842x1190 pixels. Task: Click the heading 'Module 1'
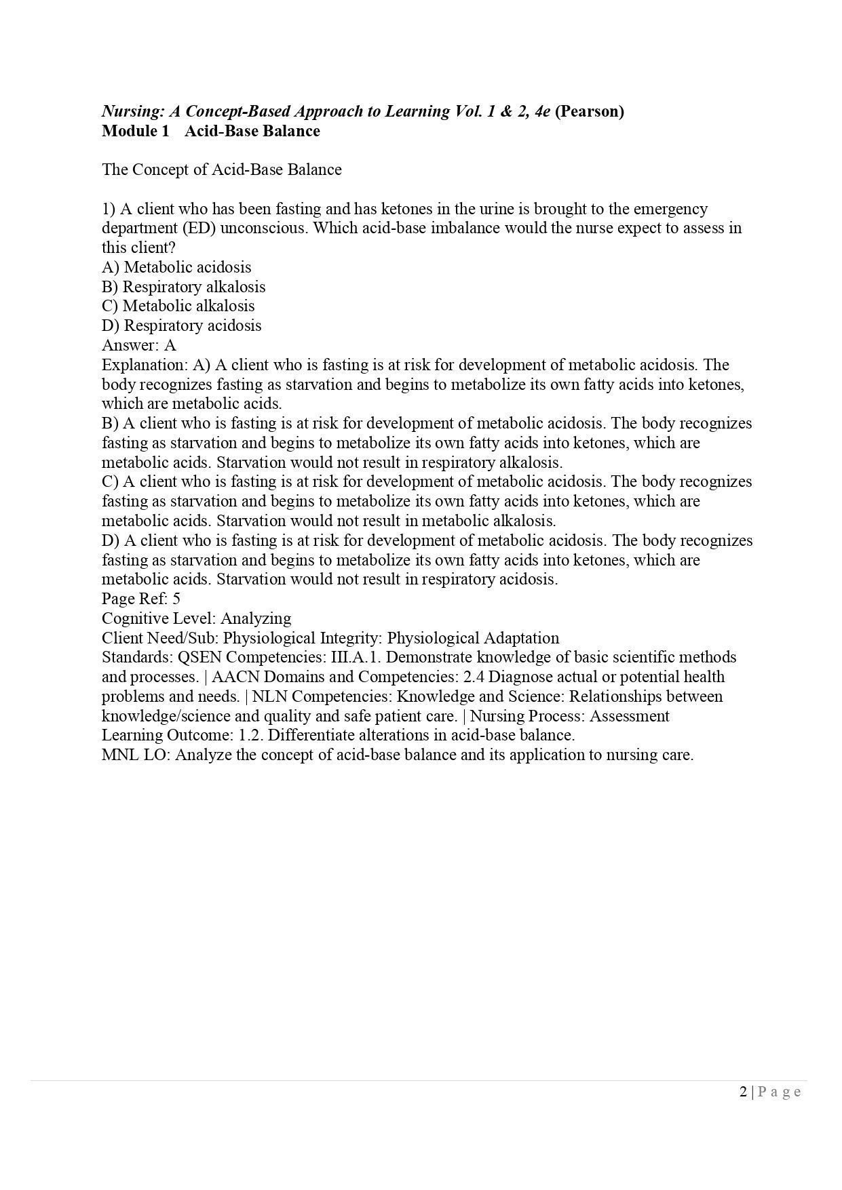(135, 131)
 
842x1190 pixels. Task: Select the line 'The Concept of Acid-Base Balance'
(221, 170)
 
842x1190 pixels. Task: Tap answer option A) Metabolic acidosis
(176, 267)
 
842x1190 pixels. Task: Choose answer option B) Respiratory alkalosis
(183, 287)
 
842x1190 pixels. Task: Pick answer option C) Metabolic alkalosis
(178, 306)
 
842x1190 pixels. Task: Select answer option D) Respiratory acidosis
(181, 325)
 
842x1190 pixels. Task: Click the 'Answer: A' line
(138, 345)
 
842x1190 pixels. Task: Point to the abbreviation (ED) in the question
(198, 228)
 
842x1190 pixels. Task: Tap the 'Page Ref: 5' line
(140, 599)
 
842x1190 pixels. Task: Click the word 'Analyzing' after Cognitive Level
(256, 618)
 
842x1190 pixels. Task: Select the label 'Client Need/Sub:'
(160, 638)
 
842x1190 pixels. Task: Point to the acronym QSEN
(198, 658)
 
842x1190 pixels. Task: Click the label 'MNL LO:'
(136, 755)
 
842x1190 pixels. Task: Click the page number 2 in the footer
(743, 1091)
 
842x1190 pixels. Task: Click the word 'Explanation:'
(145, 365)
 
